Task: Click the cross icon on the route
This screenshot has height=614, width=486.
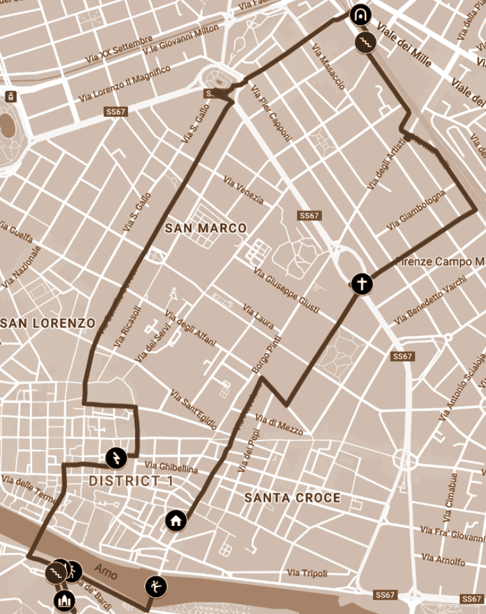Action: (x=361, y=284)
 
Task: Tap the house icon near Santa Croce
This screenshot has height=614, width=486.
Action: (x=176, y=521)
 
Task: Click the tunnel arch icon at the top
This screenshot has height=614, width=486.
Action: (x=359, y=14)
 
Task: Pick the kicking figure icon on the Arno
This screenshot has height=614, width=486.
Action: (x=155, y=586)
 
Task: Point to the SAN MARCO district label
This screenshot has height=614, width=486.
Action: (x=206, y=229)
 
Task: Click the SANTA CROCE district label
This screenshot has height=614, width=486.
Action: (x=293, y=498)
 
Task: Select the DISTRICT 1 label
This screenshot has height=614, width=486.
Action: (x=131, y=481)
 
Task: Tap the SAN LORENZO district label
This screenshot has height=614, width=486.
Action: (x=49, y=323)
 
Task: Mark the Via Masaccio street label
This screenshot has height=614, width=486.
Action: (x=329, y=66)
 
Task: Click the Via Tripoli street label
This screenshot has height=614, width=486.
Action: (x=307, y=573)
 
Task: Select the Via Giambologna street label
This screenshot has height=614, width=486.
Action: (x=416, y=210)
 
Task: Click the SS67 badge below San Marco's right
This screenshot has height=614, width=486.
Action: (x=310, y=215)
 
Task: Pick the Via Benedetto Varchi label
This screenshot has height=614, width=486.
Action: (x=430, y=300)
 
